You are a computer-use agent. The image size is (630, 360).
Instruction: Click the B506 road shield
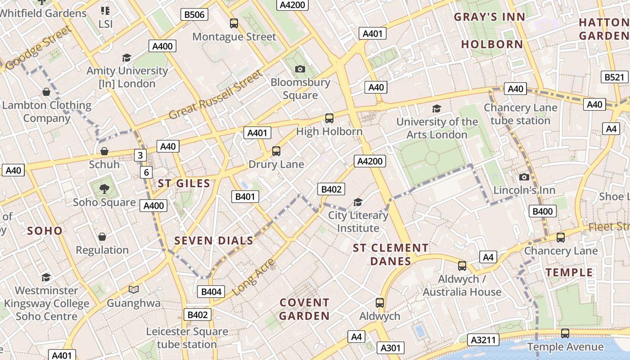click(x=194, y=14)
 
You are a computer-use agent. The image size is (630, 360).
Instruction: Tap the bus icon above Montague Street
click(x=234, y=23)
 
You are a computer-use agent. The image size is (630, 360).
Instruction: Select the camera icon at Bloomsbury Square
click(x=300, y=69)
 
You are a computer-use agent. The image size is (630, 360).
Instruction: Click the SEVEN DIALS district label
click(x=214, y=241)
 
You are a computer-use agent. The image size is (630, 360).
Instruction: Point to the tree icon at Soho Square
click(x=104, y=189)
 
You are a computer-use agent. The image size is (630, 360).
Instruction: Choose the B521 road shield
click(x=614, y=77)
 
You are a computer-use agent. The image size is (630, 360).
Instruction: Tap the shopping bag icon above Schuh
click(x=104, y=151)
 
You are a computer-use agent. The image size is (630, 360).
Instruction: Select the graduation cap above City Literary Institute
click(x=358, y=202)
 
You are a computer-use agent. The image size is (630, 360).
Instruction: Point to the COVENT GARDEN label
click(x=304, y=309)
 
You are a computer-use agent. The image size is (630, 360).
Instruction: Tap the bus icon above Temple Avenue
click(x=565, y=333)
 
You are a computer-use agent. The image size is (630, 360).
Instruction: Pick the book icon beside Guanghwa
click(x=134, y=289)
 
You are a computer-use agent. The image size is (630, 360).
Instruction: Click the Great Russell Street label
click(x=215, y=95)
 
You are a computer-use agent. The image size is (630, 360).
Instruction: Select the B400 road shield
click(x=543, y=211)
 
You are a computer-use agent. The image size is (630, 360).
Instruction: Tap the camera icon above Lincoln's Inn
click(x=524, y=177)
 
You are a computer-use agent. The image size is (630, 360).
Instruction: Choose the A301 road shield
click(x=390, y=348)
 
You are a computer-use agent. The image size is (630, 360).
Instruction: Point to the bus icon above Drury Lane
click(x=276, y=151)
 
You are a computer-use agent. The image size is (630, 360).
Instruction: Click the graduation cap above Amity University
click(x=126, y=58)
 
